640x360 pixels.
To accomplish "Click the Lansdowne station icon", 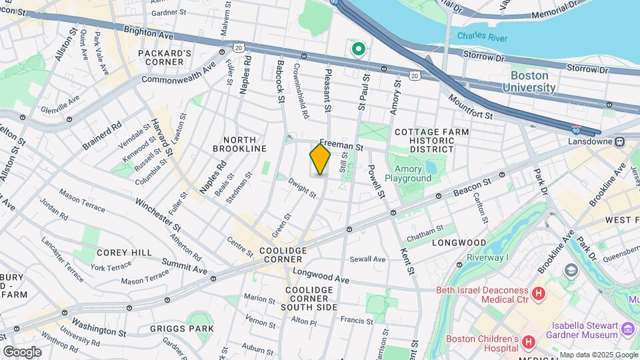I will click(619, 141).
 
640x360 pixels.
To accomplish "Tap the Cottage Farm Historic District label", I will click(431, 137).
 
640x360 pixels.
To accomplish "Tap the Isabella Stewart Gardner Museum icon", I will click(627, 329).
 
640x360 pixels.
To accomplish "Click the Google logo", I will click(22, 351).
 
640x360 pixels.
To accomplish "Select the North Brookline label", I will click(239, 143).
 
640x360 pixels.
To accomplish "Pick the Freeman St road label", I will click(341, 144).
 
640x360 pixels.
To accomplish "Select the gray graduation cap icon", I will click(571, 270).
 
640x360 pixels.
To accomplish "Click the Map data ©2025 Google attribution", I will click(598, 355).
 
